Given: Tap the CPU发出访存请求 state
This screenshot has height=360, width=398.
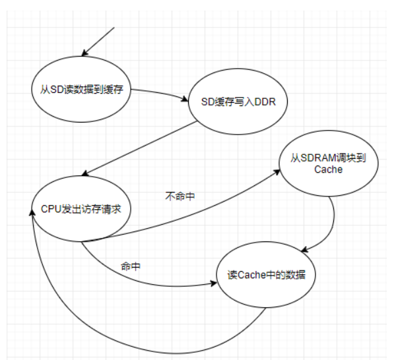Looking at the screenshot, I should pyautogui.click(x=81, y=208).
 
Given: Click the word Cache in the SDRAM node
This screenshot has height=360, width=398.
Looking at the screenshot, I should pyautogui.click(x=329, y=170).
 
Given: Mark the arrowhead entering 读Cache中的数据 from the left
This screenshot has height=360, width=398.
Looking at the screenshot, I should pyautogui.click(x=213, y=284).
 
